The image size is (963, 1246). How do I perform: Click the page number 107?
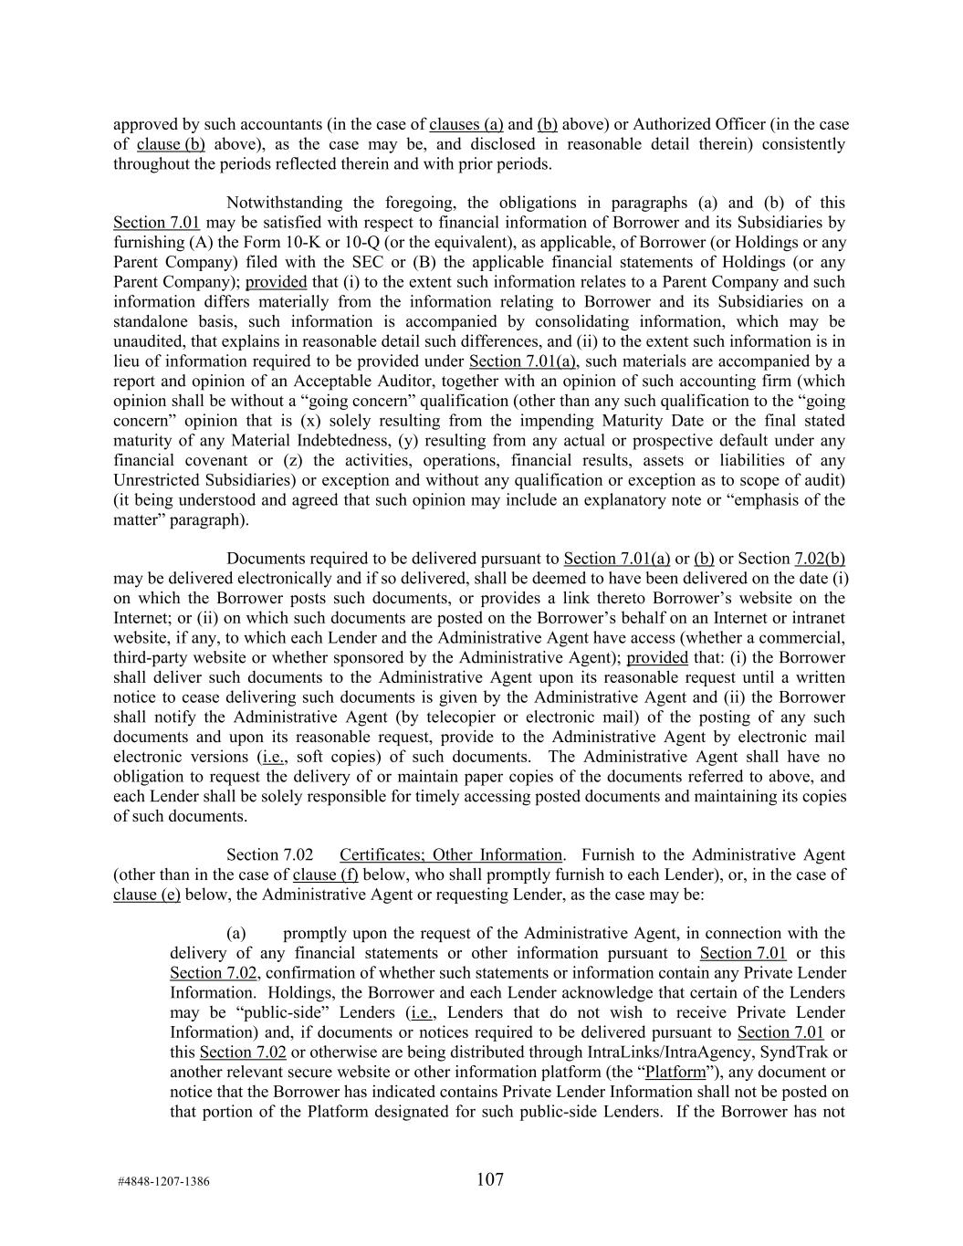click(489, 1179)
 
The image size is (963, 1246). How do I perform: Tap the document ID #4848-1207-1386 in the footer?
click(163, 1181)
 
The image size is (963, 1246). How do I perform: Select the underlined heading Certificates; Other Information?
click(451, 855)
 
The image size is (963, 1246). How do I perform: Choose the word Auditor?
click(411, 382)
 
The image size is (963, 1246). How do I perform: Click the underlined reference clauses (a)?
click(466, 124)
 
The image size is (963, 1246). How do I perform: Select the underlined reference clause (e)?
click(146, 895)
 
